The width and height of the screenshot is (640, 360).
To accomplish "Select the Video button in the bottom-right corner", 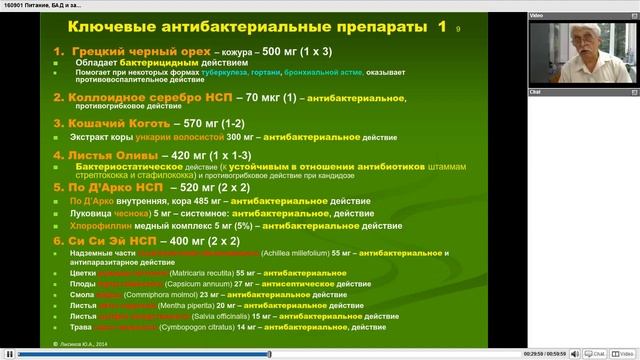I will click(625, 353).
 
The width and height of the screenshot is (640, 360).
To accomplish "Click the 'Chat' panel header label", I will click(535, 91).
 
